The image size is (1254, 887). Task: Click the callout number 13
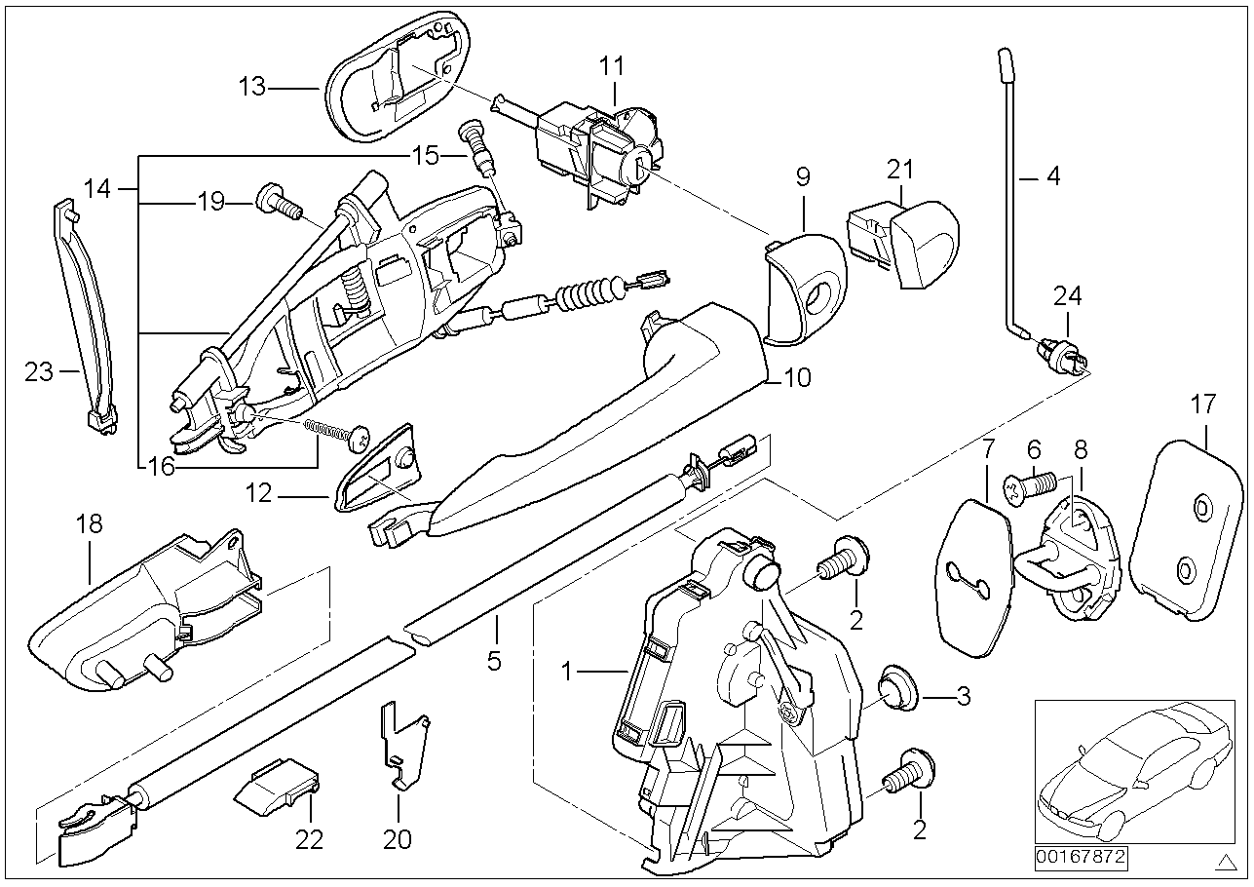251,88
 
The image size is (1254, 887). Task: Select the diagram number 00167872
1080,859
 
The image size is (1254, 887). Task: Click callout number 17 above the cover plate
1203,403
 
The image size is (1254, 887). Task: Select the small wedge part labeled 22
278,785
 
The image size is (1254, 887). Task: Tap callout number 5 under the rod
494,660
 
